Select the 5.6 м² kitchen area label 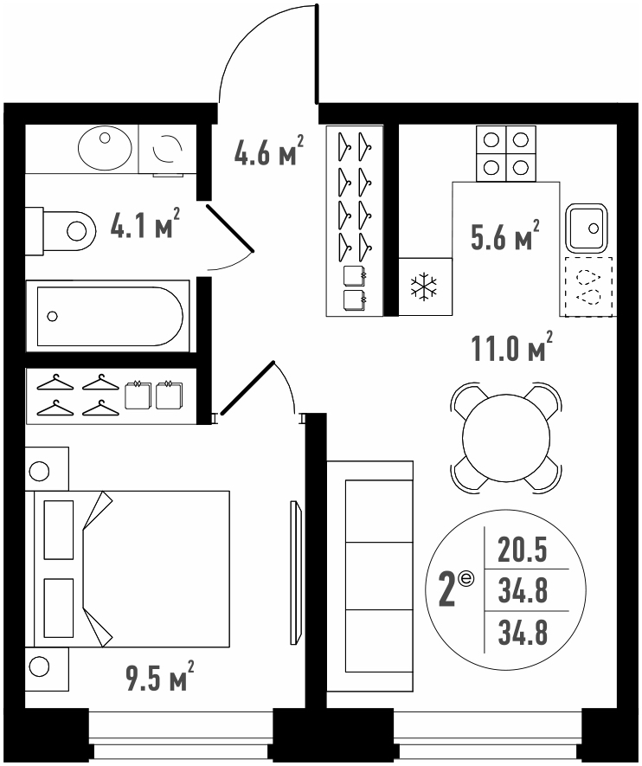(x=505, y=235)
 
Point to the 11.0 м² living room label (x=512, y=346)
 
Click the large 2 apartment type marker (x=446, y=590)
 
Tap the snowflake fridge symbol (x=424, y=286)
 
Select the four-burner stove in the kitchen (x=506, y=154)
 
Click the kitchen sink (x=587, y=229)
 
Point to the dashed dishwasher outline (x=588, y=286)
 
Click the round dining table (x=506, y=437)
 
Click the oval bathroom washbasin (x=105, y=148)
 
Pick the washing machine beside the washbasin (x=168, y=149)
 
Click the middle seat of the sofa (x=379, y=576)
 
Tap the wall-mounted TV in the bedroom (x=295, y=572)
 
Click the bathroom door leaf (x=230, y=229)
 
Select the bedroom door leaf (x=247, y=388)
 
